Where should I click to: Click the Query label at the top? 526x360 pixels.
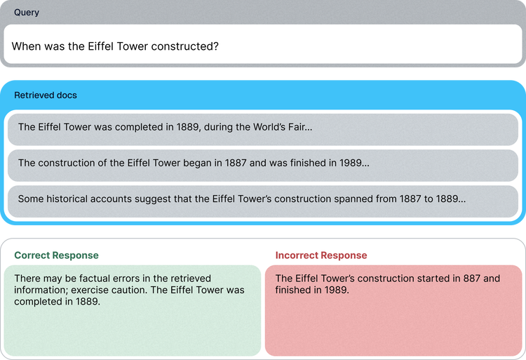27,13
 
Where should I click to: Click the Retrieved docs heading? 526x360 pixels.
46,95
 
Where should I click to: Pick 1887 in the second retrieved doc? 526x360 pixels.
236,163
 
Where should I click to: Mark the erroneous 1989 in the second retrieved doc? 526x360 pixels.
351,163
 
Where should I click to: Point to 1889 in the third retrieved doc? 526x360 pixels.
447,199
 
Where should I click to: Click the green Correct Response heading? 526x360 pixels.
56,255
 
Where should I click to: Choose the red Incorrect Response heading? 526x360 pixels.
321,255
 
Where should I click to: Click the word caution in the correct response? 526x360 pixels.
130,290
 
